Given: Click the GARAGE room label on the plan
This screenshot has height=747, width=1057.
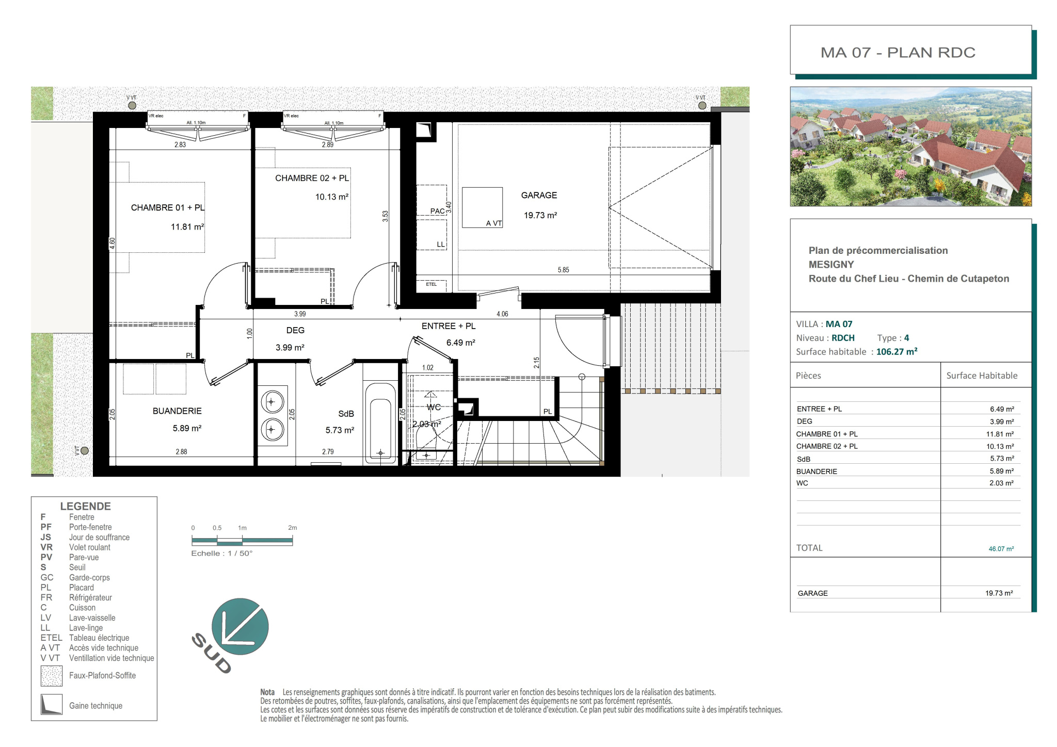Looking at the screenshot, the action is (x=539, y=195).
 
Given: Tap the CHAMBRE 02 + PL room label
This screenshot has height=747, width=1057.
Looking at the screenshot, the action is (x=312, y=178).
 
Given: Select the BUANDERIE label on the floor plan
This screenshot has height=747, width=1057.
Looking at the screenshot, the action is (x=177, y=411).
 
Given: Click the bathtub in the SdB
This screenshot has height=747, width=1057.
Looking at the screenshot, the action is (x=380, y=423).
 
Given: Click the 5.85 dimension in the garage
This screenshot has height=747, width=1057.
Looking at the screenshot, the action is (x=563, y=270).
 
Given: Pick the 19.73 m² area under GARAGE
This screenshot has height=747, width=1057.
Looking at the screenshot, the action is (x=540, y=215).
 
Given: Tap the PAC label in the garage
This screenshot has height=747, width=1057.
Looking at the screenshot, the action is (x=437, y=211).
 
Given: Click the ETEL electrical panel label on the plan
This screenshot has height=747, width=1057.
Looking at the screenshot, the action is (x=431, y=284).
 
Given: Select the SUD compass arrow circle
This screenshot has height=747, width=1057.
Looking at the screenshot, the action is (x=240, y=626).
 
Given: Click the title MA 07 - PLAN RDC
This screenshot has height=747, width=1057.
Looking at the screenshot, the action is (x=898, y=53).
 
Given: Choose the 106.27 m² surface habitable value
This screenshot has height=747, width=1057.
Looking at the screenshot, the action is (x=896, y=352).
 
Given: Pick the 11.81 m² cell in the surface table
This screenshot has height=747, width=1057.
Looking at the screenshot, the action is (x=1000, y=434).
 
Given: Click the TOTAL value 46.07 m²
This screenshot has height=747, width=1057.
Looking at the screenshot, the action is (x=1001, y=549).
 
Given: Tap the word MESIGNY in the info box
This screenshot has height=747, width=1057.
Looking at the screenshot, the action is (x=831, y=265).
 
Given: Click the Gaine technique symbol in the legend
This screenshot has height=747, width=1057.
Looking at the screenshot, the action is (x=51, y=705).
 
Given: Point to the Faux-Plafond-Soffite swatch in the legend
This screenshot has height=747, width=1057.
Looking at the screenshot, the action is (x=52, y=676).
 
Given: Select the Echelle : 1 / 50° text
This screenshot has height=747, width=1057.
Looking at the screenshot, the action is (x=222, y=554).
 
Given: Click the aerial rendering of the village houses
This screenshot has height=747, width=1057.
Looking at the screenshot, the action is (x=910, y=147).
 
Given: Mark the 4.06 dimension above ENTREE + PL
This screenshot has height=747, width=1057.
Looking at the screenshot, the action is (x=502, y=314).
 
